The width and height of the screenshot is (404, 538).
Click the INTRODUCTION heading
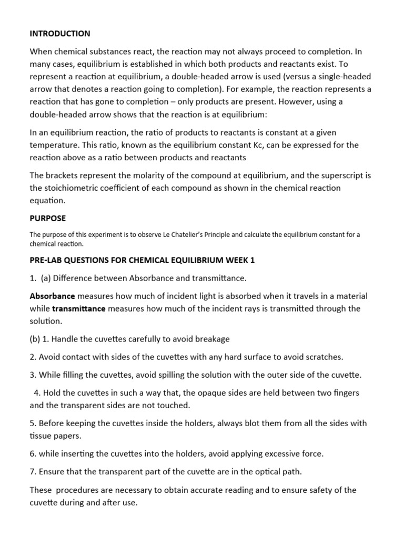click(59, 34)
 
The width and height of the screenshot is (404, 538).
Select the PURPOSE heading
click(47, 218)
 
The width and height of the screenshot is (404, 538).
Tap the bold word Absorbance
click(53, 296)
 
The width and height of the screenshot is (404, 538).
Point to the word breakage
click(213, 339)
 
